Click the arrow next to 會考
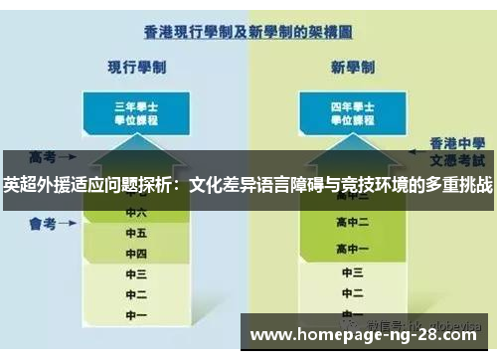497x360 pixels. tap(71, 224)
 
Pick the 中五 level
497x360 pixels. tap(136, 234)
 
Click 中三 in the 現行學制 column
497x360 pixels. tap(136, 274)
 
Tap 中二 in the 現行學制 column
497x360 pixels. tap(136, 294)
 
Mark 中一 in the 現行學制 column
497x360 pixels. tap(136, 314)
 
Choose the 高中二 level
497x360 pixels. tap(354, 222)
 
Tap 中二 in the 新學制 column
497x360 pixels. tap(354, 294)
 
